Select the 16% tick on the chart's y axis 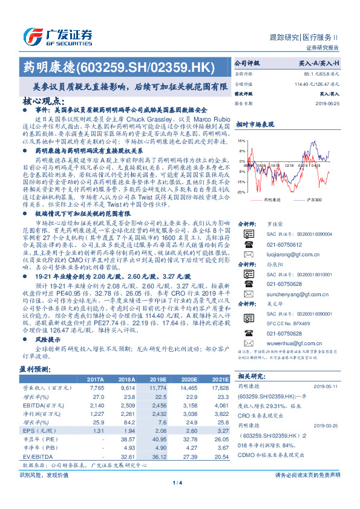point(241,140)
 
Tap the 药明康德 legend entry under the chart point(271,198)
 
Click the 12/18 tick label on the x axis point(288,164)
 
